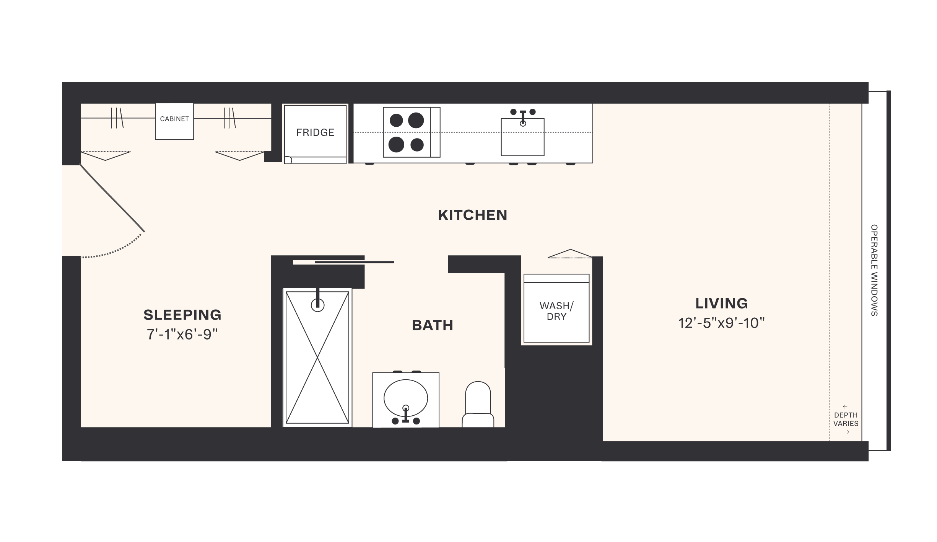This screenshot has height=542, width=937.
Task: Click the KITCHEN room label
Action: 472,215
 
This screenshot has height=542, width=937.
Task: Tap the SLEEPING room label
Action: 182,315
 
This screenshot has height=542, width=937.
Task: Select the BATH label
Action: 433,325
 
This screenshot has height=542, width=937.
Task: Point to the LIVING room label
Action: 721,304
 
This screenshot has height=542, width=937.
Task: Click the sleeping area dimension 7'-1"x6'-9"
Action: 182,335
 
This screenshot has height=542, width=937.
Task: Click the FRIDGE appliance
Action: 315,132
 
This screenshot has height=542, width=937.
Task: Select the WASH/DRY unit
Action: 556,311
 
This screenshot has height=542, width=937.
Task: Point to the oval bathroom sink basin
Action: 405,397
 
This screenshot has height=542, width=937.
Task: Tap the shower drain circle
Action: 317,305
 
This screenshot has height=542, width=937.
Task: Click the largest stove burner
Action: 416,120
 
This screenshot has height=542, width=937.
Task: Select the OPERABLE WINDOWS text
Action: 874,270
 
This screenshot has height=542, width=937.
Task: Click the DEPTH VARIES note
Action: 846,419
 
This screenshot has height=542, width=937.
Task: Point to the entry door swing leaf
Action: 112,198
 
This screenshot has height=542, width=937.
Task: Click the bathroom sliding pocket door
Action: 354,262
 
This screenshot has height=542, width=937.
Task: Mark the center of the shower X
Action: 317,358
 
